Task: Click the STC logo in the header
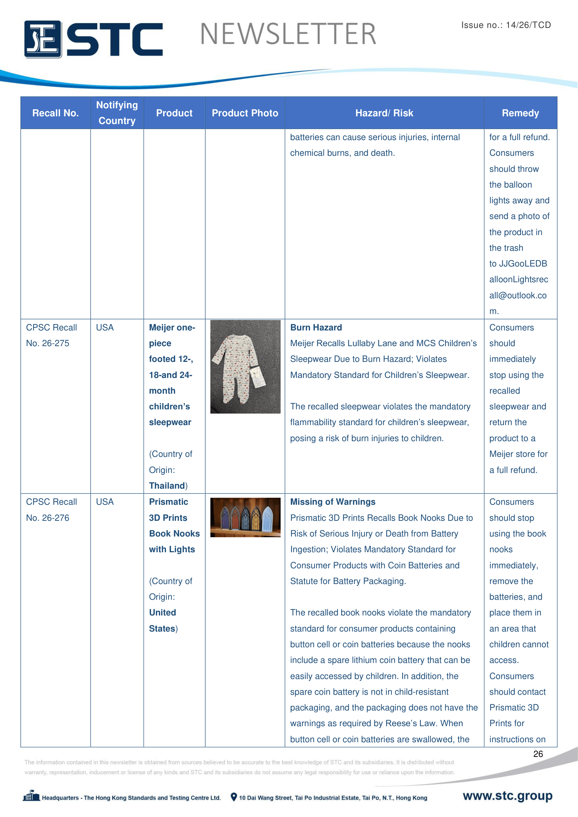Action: click(x=93, y=39)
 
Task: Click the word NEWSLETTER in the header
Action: click(x=288, y=34)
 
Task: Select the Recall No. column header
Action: click(x=55, y=113)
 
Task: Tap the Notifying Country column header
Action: click(x=117, y=113)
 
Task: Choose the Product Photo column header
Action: click(x=245, y=113)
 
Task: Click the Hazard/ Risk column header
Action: click(x=384, y=113)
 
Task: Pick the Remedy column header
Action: click(x=520, y=113)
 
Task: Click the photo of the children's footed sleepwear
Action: click(x=245, y=366)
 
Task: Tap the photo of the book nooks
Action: click(x=245, y=517)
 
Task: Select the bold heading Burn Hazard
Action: click(x=316, y=327)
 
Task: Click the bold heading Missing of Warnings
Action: click(x=332, y=502)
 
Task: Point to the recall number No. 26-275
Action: click(x=47, y=343)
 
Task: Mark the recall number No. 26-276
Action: click(x=47, y=518)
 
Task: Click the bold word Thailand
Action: click(x=167, y=486)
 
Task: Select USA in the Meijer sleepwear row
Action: click(x=104, y=327)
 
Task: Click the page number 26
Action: click(x=538, y=754)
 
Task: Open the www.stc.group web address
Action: click(x=507, y=796)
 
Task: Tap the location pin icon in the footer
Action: click(x=233, y=797)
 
